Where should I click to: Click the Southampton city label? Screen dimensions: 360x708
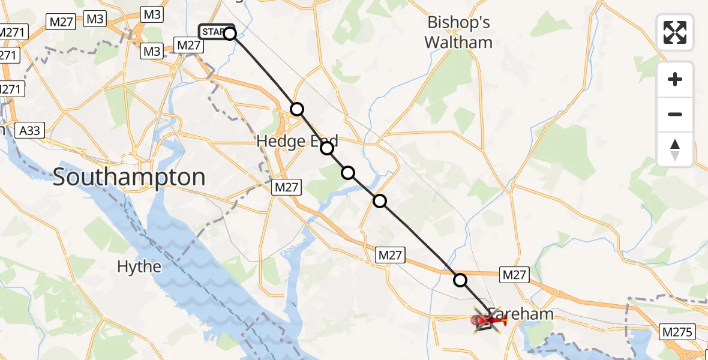pyautogui.click(x=129, y=177)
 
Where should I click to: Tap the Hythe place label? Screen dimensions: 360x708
pyautogui.click(x=139, y=266)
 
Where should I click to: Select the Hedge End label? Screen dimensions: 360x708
pyautogui.click(x=297, y=142)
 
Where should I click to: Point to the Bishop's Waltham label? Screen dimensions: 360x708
pyautogui.click(x=459, y=32)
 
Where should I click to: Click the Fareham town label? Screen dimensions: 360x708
pyautogui.click(x=520, y=313)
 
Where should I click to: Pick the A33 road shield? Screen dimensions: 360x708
pyautogui.click(x=31, y=130)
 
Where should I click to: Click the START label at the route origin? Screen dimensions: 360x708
pyautogui.click(x=214, y=32)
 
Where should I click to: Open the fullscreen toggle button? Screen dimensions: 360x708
pyautogui.click(x=675, y=32)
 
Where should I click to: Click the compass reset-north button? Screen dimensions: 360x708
pyautogui.click(x=675, y=149)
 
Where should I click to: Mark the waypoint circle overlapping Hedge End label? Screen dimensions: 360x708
pyautogui.click(x=327, y=148)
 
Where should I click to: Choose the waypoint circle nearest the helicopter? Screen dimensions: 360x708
pyautogui.click(x=460, y=280)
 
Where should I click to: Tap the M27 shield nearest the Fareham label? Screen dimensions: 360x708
pyautogui.click(x=514, y=274)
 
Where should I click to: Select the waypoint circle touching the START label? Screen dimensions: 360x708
pyautogui.click(x=230, y=34)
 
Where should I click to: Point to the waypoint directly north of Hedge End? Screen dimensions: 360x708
pyautogui.click(x=297, y=109)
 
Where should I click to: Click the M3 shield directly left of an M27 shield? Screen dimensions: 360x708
pyautogui.click(x=152, y=52)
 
